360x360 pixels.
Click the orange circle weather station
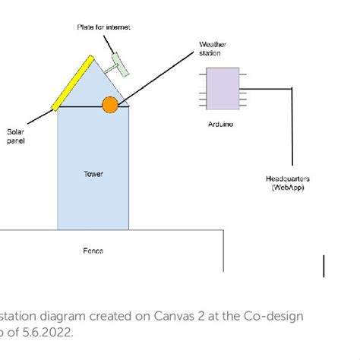110,105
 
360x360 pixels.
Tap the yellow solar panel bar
74,83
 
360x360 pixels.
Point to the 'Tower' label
93,174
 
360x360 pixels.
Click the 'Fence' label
93,250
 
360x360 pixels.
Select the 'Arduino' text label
221,124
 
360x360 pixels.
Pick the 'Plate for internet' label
104,27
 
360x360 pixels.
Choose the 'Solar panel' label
16,136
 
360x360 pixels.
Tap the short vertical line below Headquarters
324,266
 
